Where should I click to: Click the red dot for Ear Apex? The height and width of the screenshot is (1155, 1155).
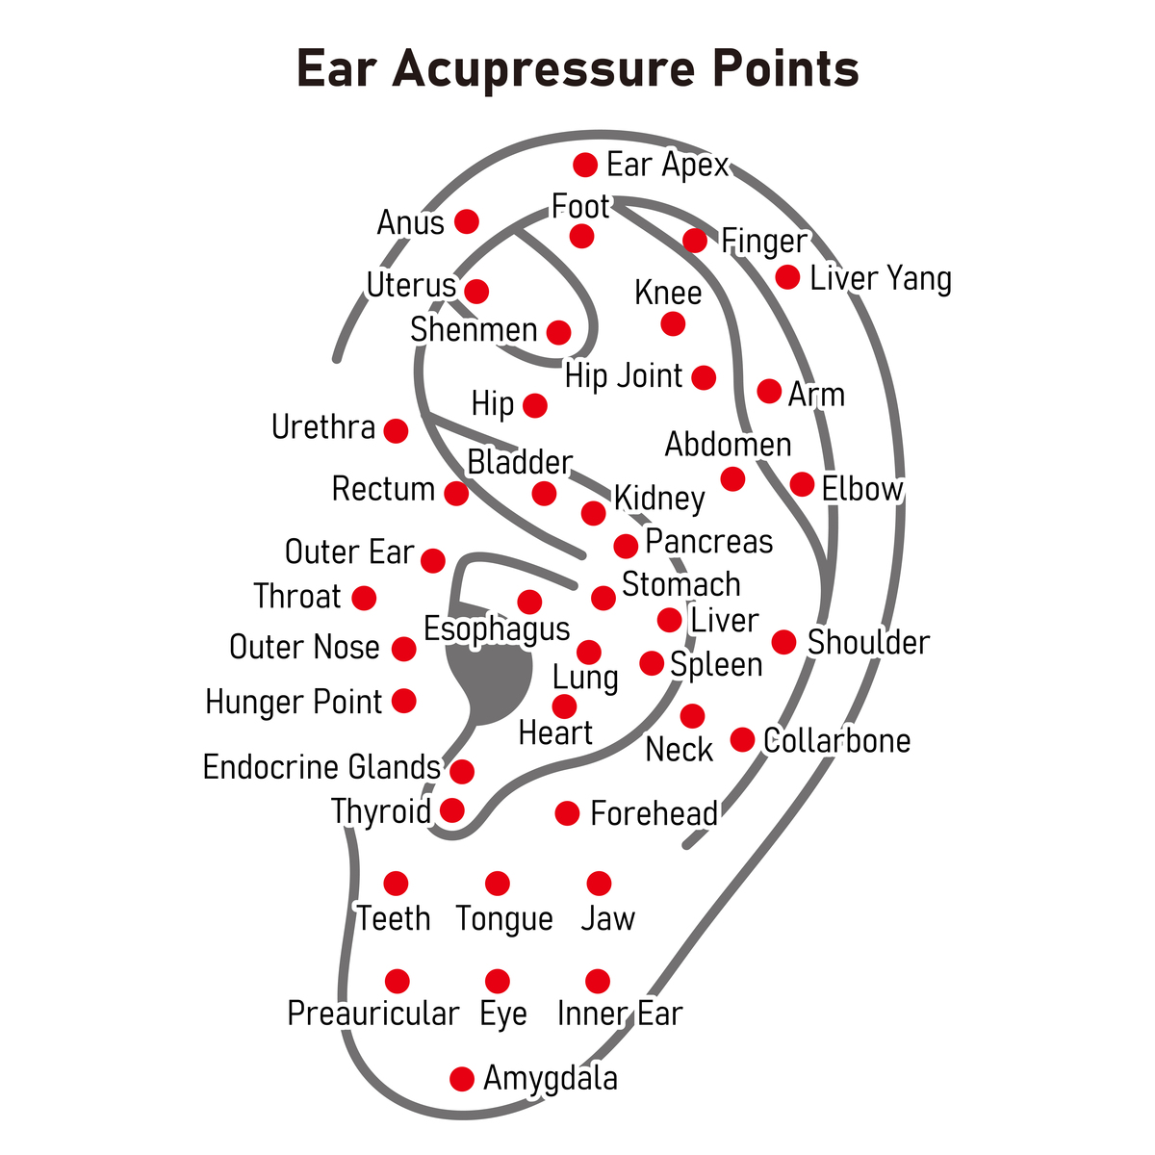pos(585,166)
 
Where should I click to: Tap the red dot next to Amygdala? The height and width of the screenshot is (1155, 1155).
pos(462,1079)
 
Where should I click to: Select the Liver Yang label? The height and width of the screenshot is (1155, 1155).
pos(881,279)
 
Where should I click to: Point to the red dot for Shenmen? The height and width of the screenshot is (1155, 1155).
pos(558,333)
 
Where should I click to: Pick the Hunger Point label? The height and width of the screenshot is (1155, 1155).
pos(294,702)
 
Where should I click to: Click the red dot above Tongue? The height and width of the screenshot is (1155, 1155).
pos(498,884)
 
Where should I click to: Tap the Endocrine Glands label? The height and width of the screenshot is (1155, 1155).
pos(321,768)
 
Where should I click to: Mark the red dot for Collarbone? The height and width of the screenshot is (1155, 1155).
pos(742,739)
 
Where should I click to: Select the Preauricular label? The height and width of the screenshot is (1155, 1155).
pos(373,1014)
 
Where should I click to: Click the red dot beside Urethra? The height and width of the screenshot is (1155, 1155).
pos(396,430)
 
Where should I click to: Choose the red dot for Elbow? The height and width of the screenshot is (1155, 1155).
pos(802,484)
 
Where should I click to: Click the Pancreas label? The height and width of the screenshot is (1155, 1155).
pos(708,542)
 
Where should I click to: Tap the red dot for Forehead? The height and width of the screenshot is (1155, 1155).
pos(568,813)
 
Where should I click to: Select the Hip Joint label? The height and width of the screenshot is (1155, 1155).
pos(624,376)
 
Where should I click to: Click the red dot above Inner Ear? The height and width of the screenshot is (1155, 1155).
pos(598,982)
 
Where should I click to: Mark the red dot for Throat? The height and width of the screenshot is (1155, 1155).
pos(364,599)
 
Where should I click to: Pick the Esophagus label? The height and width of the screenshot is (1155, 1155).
pos(497,629)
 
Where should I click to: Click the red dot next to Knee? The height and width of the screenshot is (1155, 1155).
pos(673,324)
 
